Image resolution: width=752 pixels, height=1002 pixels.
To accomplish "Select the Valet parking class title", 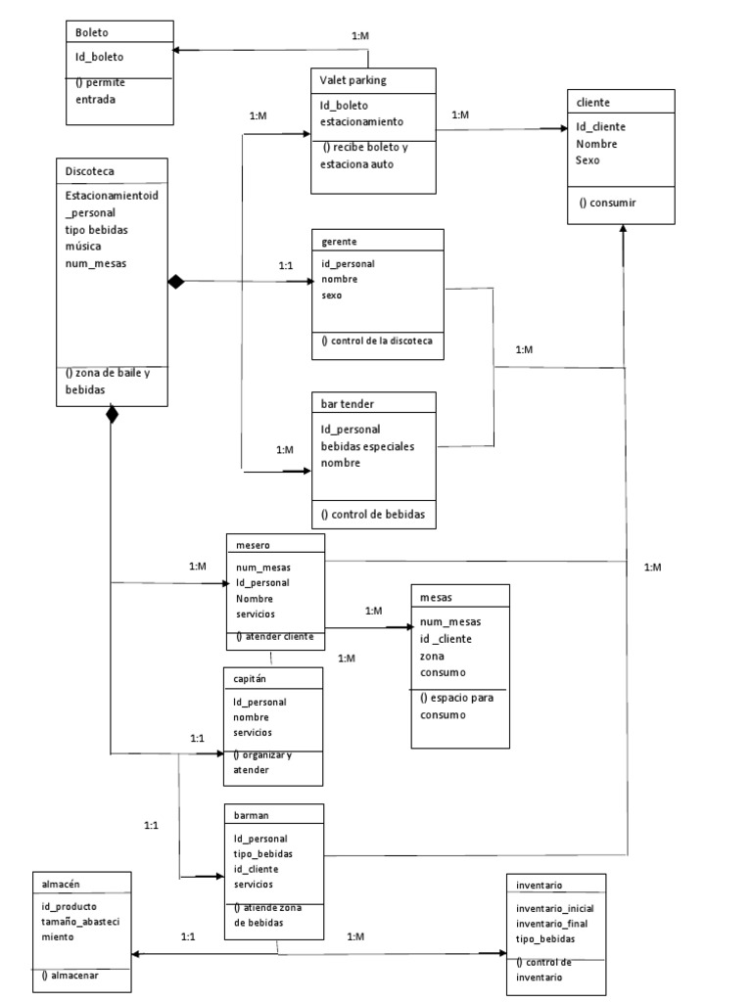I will point(352,78).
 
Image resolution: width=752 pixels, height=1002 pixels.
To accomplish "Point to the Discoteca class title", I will point(89,170).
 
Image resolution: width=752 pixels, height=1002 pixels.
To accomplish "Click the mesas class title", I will point(436,595).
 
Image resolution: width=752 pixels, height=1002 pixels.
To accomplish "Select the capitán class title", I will point(251,677).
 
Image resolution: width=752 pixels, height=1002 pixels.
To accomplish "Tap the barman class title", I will point(252,814).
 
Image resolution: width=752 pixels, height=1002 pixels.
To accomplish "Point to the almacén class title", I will point(62,882).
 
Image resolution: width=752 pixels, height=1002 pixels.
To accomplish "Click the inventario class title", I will point(540,885).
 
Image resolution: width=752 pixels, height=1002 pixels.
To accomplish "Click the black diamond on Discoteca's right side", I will point(176,282).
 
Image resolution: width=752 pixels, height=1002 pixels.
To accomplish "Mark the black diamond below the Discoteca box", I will point(112,415).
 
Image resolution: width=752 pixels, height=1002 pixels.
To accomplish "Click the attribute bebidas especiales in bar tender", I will point(367,446).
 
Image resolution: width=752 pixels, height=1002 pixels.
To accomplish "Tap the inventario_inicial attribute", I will point(554,908).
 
